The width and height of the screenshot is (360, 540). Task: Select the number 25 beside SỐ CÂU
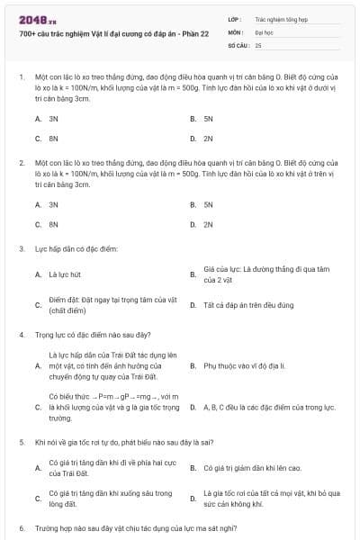[x=258, y=44]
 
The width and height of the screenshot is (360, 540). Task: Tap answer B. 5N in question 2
[x=208, y=204]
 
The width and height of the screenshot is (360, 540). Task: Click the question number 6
[x=21, y=527]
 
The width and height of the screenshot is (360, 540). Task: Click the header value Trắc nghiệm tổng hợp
[x=282, y=18]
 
